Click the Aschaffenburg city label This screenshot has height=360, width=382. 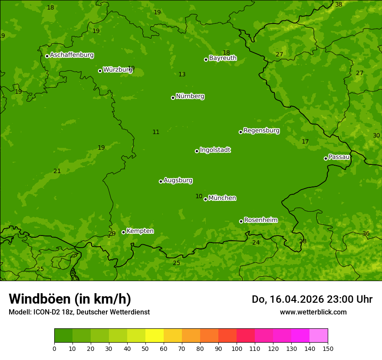[72, 55]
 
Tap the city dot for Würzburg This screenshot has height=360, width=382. [100, 71]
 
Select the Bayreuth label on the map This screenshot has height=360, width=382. [223, 58]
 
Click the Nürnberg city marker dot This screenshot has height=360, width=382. [173, 98]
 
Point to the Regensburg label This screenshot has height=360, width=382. [261, 131]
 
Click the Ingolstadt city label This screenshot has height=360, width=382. [215, 150]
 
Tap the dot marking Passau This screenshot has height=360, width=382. [326, 158]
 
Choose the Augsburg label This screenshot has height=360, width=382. [178, 180]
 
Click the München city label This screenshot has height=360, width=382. [222, 198]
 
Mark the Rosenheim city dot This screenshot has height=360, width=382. [241, 222]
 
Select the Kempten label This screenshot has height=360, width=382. [140, 231]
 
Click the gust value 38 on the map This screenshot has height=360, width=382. [339, 4]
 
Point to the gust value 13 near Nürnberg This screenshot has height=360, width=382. [182, 75]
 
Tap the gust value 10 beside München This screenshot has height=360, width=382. [199, 196]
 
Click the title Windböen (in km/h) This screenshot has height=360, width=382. [70, 299]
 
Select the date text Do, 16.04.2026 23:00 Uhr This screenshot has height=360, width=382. [312, 299]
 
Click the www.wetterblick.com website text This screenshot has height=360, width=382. [313, 312]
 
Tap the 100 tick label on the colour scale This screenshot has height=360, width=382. [237, 348]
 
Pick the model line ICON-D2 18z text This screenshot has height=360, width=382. [79, 312]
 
